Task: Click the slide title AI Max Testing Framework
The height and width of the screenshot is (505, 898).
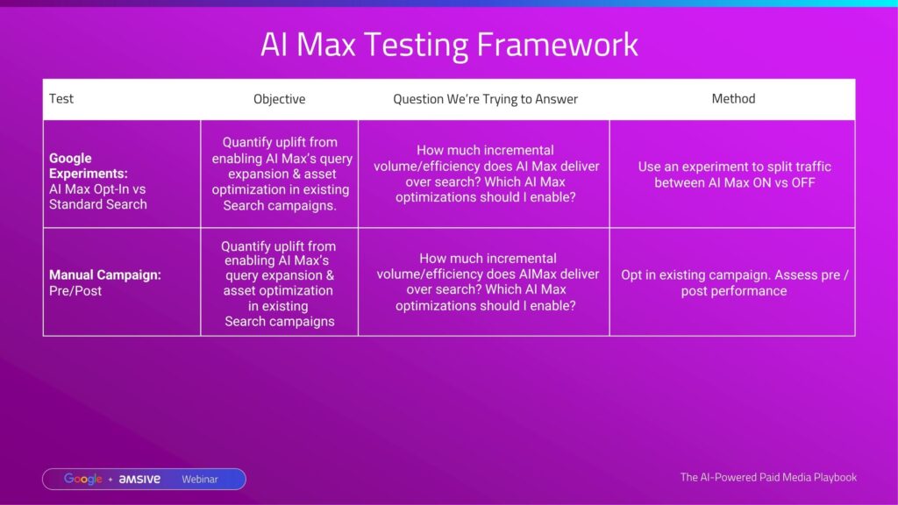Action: click(449, 45)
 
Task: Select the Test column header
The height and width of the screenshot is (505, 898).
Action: click(61, 98)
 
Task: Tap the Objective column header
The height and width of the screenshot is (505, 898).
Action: click(280, 99)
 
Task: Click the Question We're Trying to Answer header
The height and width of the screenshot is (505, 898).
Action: click(485, 99)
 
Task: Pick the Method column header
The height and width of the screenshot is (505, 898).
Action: click(734, 98)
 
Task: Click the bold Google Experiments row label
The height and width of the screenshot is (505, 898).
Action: click(89, 166)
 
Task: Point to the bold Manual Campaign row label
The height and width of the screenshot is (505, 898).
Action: click(105, 274)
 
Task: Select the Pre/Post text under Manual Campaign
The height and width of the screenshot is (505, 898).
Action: click(75, 291)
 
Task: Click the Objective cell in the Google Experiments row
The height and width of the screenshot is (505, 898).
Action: click(280, 174)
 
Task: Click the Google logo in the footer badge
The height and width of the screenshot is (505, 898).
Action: click(83, 480)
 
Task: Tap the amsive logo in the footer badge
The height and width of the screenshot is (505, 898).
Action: click(139, 480)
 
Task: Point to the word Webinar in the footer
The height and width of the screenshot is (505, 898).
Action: click(200, 480)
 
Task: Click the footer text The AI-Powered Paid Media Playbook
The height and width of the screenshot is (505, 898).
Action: click(768, 477)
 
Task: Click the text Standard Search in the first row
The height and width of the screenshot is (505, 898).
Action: click(98, 204)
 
